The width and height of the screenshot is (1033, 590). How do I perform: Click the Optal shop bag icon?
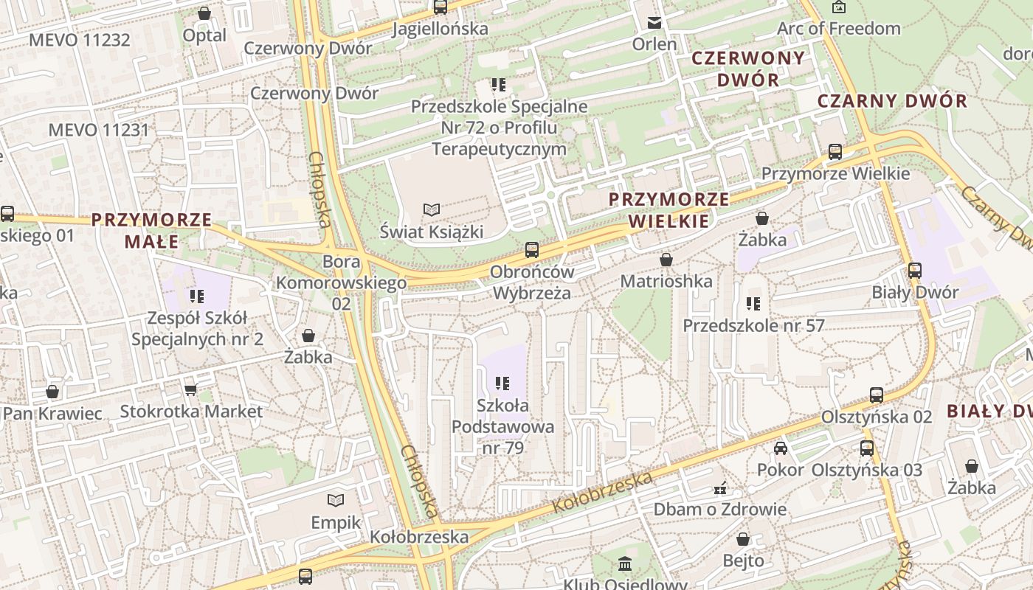[x=204, y=13]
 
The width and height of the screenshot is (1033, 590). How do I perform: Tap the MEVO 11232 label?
[x=80, y=40]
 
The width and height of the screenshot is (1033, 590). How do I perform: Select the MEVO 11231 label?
[x=99, y=130]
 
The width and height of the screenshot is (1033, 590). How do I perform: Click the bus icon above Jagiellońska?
[x=441, y=7]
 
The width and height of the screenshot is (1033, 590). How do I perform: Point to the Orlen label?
[x=654, y=44]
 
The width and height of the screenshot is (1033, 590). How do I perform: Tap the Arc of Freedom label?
[x=839, y=29]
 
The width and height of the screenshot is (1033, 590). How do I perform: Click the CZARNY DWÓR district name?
[x=892, y=101]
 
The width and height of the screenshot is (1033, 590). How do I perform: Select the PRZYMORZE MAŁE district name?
[x=151, y=230]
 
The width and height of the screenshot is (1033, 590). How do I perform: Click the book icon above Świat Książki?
[x=432, y=209]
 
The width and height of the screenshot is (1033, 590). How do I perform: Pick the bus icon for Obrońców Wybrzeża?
[x=532, y=249]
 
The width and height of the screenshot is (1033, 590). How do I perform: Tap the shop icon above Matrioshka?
[x=666, y=260]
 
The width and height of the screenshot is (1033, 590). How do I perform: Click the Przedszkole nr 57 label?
[x=753, y=325]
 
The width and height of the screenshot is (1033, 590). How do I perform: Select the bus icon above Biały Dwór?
[x=915, y=270]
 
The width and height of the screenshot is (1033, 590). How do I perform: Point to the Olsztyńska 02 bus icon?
[x=877, y=395]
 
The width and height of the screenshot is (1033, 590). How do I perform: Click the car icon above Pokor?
[x=780, y=448]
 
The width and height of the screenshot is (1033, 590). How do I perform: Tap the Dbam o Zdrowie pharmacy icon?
[x=720, y=487]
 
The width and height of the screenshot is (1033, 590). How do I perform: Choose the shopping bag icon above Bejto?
[x=743, y=539]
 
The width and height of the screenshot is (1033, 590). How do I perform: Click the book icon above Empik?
[x=336, y=501]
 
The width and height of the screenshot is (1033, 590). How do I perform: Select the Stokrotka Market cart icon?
[x=191, y=389]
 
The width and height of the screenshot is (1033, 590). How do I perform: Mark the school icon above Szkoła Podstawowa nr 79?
[x=503, y=383]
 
